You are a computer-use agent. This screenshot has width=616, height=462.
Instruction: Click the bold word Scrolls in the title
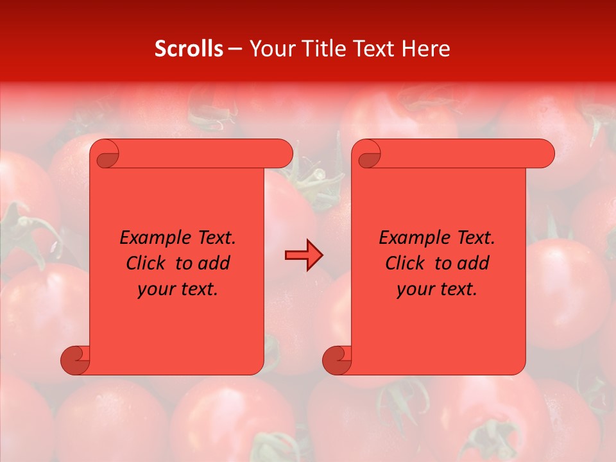(x=189, y=49)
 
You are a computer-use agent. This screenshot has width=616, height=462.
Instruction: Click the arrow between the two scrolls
(x=304, y=255)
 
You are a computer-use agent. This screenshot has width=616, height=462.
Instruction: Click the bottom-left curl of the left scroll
(x=75, y=359)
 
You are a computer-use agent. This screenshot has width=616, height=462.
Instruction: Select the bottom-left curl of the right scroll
(x=337, y=359)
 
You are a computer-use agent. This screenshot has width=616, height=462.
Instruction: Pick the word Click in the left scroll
(x=148, y=264)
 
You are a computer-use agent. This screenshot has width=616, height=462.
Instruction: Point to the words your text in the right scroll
(x=437, y=289)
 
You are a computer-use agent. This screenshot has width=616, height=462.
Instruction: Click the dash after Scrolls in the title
(x=235, y=49)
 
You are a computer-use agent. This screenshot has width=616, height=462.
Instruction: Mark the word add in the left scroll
(x=214, y=264)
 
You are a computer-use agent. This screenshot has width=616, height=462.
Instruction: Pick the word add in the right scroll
(x=474, y=264)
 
